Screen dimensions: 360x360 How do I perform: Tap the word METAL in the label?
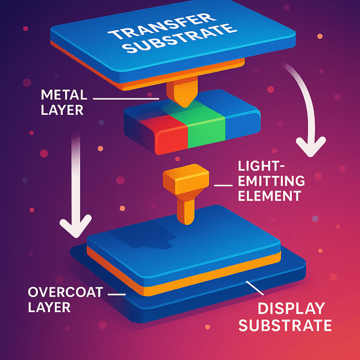pos(64,95)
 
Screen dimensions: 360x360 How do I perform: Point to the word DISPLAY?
pos(292,308)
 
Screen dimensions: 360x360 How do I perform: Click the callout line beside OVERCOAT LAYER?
pos(117,294)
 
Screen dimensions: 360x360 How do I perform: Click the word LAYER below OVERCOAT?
pos(49,307)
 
